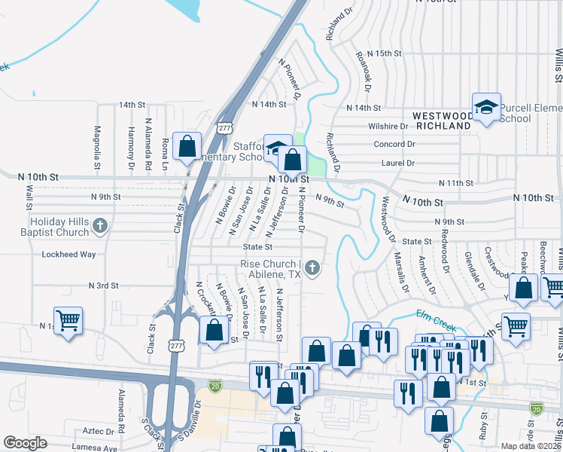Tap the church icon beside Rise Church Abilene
(x=311, y=267)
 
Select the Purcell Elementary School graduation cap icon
(x=486, y=107)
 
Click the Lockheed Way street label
(x=68, y=255)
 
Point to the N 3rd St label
(x=104, y=286)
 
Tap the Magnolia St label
(x=97, y=147)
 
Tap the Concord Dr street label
(x=394, y=144)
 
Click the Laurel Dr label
(x=398, y=162)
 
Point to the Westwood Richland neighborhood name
(x=443, y=121)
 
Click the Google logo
(x=24, y=443)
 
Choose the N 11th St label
(x=456, y=183)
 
